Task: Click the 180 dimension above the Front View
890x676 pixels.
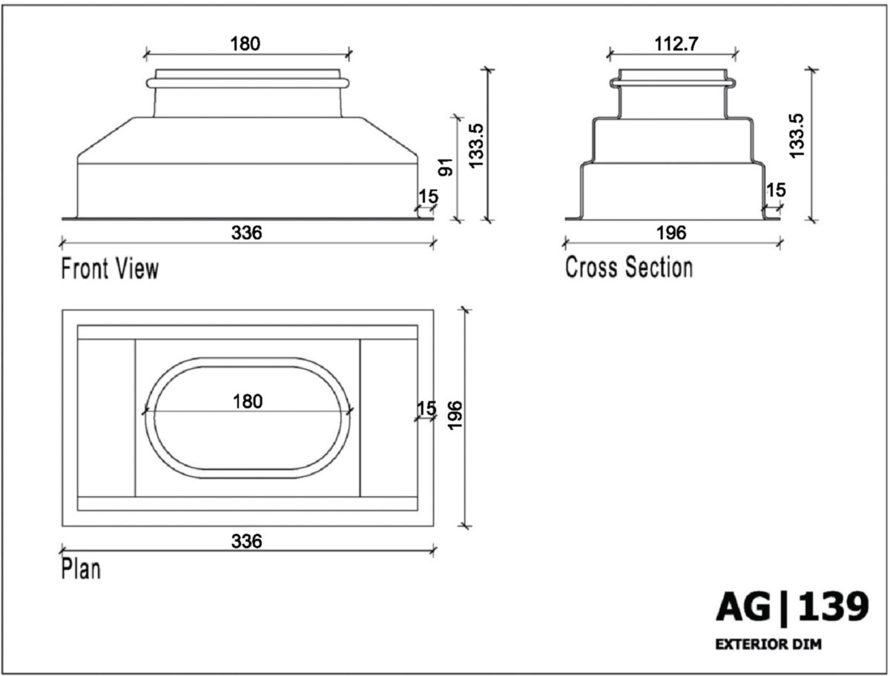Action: (x=245, y=44)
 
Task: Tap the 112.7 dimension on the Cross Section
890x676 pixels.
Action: (x=676, y=44)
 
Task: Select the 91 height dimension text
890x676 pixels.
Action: (x=446, y=166)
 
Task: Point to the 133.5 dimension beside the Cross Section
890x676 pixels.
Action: (x=797, y=134)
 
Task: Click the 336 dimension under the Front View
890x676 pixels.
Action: (x=246, y=233)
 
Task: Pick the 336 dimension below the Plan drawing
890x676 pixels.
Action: (x=246, y=542)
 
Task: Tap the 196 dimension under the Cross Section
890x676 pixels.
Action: (x=671, y=233)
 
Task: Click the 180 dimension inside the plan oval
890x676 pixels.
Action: (x=248, y=402)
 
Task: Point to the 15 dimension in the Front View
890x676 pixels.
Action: (x=428, y=196)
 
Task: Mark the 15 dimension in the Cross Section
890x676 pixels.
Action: (x=775, y=190)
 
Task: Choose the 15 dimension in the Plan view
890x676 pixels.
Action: (x=426, y=408)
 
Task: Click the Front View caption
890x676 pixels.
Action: (x=110, y=268)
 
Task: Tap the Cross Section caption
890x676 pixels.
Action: (x=629, y=267)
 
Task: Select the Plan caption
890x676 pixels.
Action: (x=81, y=569)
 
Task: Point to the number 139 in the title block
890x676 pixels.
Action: (x=833, y=608)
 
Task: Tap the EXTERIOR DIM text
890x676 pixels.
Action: (x=768, y=645)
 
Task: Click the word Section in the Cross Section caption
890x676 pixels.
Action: (x=659, y=267)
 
